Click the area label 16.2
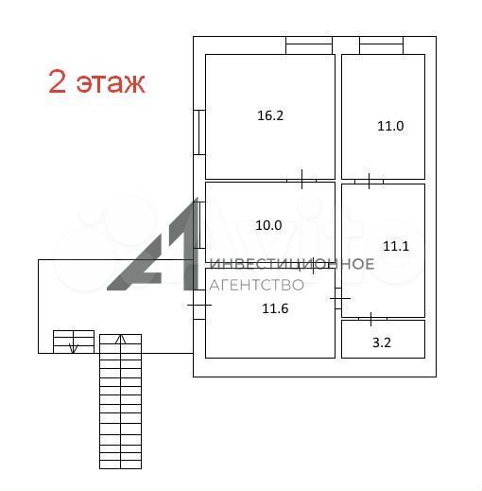click(270, 115)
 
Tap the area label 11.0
click(390, 126)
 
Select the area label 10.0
click(268, 225)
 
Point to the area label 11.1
click(396, 246)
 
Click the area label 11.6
click(275, 308)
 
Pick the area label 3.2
click(382, 342)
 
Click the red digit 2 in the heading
click(58, 81)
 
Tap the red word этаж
click(111, 83)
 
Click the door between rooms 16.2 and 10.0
click(301, 180)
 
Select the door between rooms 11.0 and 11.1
click(369, 181)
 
